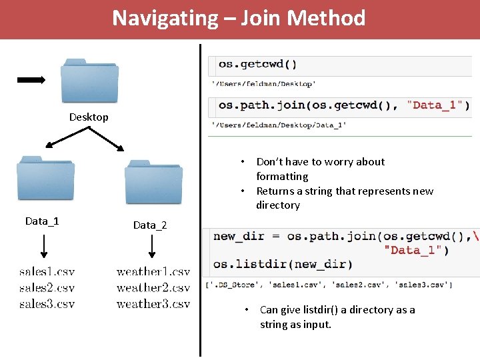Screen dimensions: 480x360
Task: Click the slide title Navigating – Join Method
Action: [239, 18]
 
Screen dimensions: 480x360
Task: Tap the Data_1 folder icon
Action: [45, 179]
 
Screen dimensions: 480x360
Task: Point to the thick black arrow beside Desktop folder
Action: [31, 80]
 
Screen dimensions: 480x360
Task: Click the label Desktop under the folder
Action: [89, 117]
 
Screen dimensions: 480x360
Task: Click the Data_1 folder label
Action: [42, 221]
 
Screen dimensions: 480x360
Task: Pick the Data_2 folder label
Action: [150, 225]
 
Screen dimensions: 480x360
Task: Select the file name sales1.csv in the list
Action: [47, 272]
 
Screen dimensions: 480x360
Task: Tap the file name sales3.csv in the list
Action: [47, 304]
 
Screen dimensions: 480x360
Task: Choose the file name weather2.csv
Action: [153, 288]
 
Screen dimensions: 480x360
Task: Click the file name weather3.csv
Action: [153, 304]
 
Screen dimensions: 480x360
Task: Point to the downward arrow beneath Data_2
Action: [152, 246]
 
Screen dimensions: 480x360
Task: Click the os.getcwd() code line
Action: [258, 65]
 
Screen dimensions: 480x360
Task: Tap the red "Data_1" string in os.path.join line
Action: [438, 105]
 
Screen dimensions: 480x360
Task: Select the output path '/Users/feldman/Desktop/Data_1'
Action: [279, 125]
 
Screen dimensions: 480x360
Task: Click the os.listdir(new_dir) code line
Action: [283, 265]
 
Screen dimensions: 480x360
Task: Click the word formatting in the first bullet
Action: [282, 177]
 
